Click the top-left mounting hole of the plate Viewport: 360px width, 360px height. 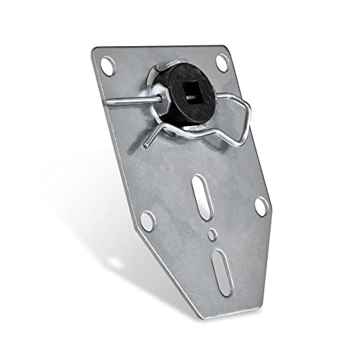point(107,67)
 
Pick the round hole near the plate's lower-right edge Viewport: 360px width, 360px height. point(261,207)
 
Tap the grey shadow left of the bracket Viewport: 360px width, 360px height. point(86,216)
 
